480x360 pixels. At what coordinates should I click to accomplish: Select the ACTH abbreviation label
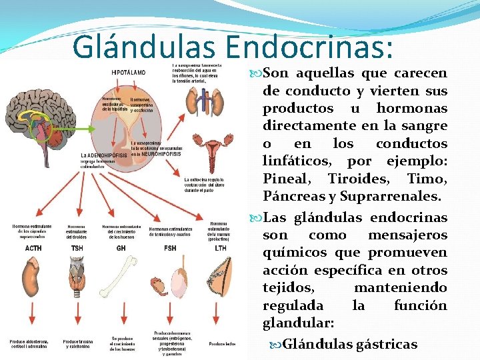[x=33, y=247]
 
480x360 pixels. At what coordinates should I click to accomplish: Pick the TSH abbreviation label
[x=77, y=247]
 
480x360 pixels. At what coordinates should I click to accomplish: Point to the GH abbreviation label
[x=121, y=247]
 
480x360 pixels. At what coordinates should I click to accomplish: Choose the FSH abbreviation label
[x=170, y=247]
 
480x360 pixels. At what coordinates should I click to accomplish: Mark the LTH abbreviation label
[x=220, y=247]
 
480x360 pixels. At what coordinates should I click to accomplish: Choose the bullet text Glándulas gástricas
[x=350, y=344]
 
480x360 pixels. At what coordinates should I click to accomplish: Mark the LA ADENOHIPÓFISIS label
[x=104, y=155]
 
